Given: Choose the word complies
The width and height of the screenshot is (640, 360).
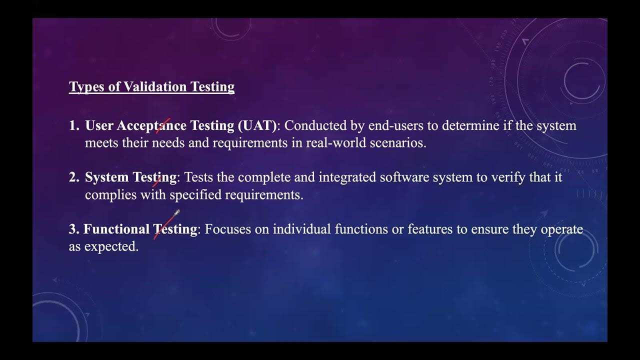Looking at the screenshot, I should (111, 195).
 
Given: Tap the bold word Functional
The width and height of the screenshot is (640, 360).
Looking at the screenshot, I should (116, 229).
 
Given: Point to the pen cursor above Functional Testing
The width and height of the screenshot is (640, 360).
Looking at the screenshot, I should (176, 214).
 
